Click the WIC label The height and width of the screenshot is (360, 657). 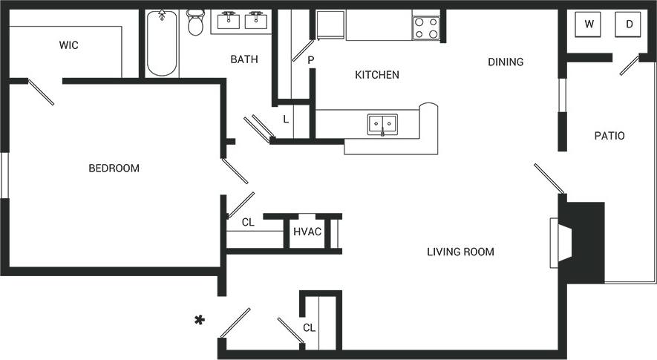click(69, 45)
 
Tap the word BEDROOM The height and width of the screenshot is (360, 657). click(114, 168)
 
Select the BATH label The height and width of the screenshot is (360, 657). click(244, 59)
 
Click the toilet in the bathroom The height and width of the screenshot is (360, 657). click(196, 23)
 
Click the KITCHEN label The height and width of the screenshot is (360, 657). click(377, 75)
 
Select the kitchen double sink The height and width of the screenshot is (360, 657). click(382, 124)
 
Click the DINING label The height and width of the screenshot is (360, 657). click(506, 62)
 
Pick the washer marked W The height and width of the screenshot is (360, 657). click(589, 24)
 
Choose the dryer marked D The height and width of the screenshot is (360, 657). click(630, 24)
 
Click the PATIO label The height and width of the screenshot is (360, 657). click(609, 136)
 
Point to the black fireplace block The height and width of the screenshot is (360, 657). click(584, 240)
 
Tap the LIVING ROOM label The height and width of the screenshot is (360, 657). click(460, 252)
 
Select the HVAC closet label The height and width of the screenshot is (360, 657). click(307, 232)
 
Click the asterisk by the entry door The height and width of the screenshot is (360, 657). click(199, 321)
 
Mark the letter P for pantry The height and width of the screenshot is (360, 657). click(311, 60)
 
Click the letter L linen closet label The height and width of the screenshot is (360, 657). click(286, 118)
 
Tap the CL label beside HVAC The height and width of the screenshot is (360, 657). click(249, 222)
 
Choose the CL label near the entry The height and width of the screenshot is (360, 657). click(309, 327)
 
